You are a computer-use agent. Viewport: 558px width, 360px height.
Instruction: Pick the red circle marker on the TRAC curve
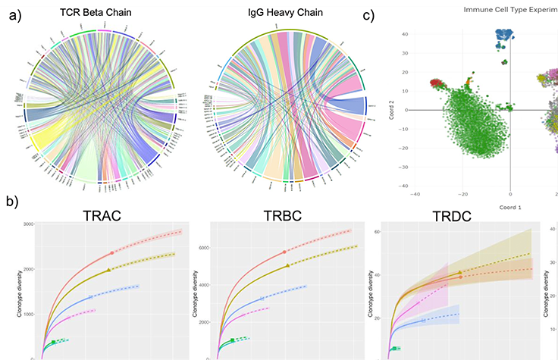click(112, 252)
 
